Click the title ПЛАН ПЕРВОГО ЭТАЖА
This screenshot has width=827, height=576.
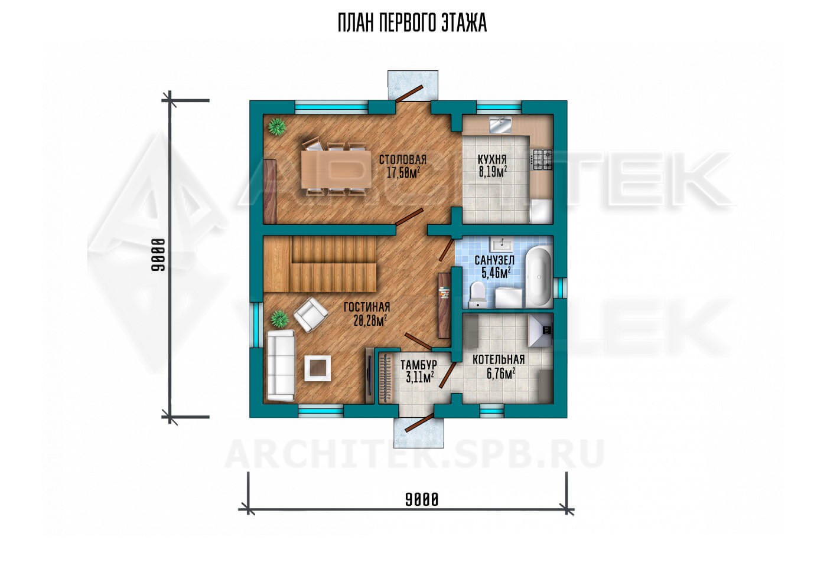coord(412,24)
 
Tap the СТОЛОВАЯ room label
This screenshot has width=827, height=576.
coord(403,160)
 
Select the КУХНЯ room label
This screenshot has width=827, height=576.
coord(492,160)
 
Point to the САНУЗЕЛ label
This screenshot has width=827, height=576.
coord(494,260)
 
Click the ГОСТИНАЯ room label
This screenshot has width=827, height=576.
coord(367,307)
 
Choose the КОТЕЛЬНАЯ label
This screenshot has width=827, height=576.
coord(499,359)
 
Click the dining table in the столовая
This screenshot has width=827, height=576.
coord(336,169)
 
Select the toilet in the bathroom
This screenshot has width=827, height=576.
coord(478,294)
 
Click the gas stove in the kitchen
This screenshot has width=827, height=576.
coord(541,160)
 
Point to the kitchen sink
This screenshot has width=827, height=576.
coord(501,125)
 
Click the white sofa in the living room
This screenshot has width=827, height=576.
coord(281,365)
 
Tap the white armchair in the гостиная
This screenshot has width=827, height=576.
coord(311,315)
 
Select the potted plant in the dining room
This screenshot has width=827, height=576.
coord(277,127)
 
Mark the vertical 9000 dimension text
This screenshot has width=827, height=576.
coord(158,255)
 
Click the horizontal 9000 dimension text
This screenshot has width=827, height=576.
coord(422,500)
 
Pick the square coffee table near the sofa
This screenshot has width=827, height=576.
coord(318,368)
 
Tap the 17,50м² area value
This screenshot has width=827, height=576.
coord(403,172)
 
